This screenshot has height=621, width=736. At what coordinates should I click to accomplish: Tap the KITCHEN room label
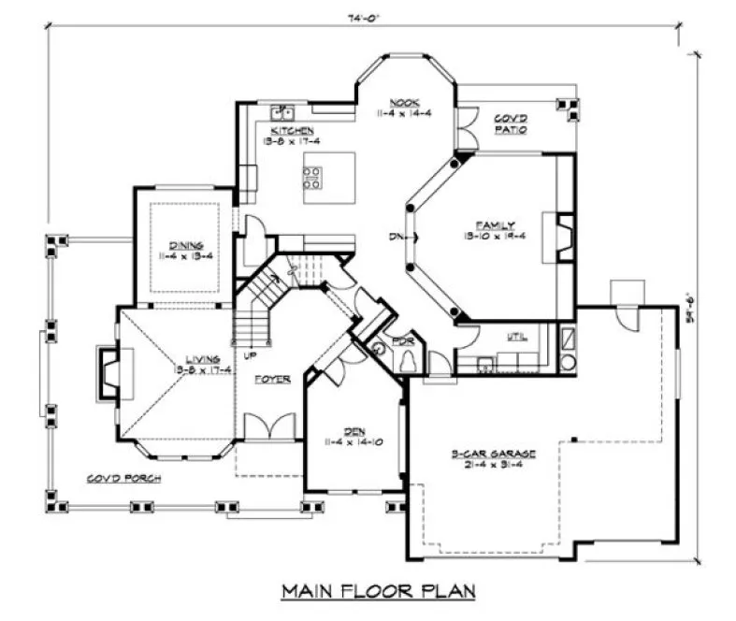pos(292,130)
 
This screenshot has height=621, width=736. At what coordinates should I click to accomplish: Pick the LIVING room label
pos(202,358)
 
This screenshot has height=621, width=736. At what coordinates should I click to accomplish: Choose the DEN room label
pos(353,431)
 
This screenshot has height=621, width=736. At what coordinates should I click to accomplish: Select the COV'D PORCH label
pos(123,478)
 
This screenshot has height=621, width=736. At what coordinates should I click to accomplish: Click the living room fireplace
pos(109,370)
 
